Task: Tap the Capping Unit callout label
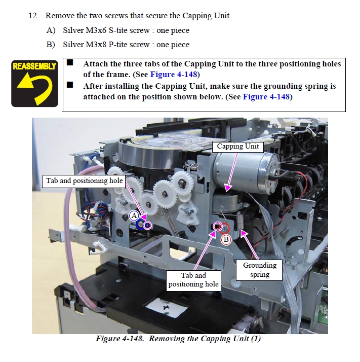pos(237,147)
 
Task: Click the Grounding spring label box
pos(259,270)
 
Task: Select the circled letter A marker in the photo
pos(135,215)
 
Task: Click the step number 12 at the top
pos(33,16)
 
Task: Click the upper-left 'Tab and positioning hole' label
pos(84,181)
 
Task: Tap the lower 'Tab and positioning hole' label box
pos(193,279)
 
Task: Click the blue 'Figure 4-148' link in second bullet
pos(266,96)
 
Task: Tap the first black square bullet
pos(70,63)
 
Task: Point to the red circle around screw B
pos(224,228)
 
